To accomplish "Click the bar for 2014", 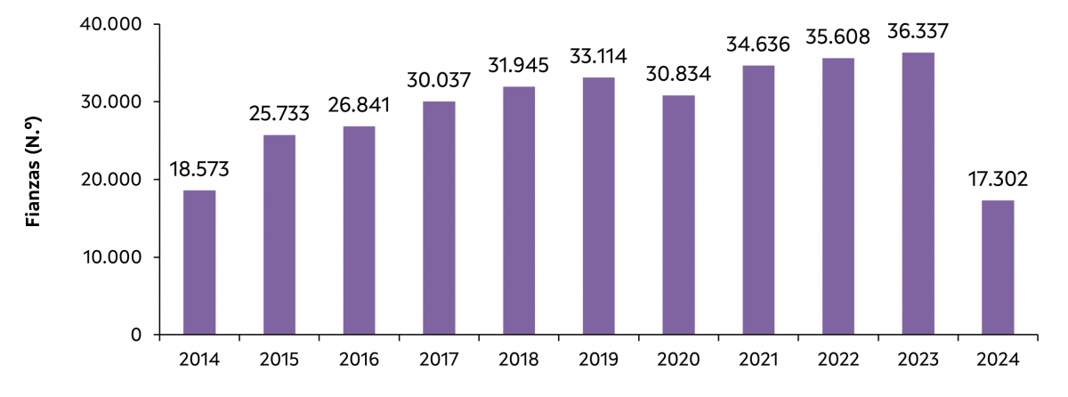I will coord(199,263).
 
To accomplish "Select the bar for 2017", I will coord(439,218).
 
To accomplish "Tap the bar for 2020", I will coord(678,215).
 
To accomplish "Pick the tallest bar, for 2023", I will coord(918,193).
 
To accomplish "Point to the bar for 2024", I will coord(998,267).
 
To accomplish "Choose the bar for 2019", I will coord(598,206).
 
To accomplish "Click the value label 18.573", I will coord(199,168).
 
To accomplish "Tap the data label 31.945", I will coord(519,66).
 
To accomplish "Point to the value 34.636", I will coord(758,45).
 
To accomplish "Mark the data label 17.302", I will coord(998,179).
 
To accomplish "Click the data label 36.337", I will coord(918,31).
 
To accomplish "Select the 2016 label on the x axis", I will coord(359,361).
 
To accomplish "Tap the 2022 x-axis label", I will coord(838,361).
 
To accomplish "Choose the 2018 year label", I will coord(519,361).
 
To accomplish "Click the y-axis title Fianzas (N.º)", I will coord(34,179).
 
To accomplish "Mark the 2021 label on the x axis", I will coord(758,361).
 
